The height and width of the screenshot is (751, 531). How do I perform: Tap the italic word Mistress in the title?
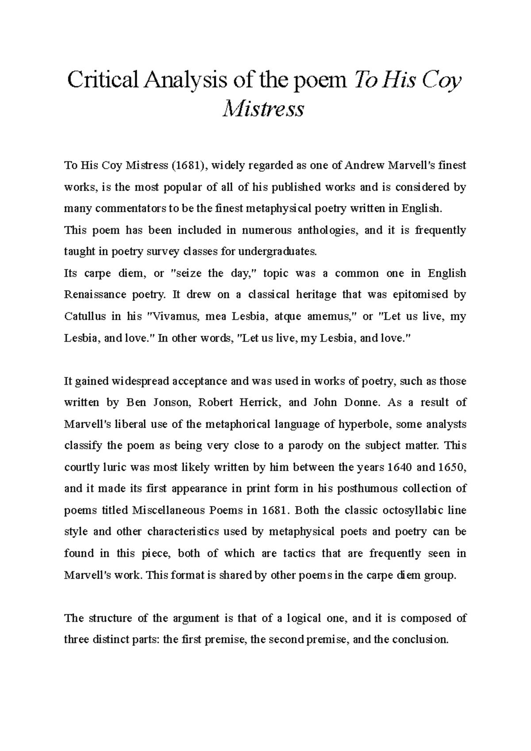click(264, 109)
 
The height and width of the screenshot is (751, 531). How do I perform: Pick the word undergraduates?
click(278, 252)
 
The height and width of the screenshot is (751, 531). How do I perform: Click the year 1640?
click(400, 467)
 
